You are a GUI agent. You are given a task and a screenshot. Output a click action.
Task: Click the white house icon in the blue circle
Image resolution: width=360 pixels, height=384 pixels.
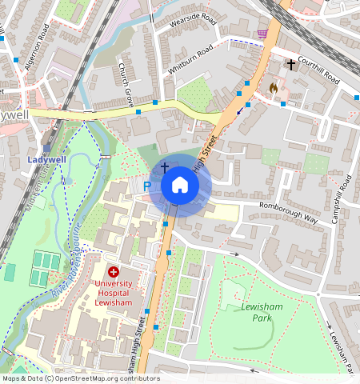pyautogui.click(x=180, y=186)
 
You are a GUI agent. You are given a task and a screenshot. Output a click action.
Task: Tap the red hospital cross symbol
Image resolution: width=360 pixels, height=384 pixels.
pyautogui.click(x=114, y=272)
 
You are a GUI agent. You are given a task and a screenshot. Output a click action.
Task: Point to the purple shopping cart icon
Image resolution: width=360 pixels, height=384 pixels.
pyautogui.click(x=262, y=34)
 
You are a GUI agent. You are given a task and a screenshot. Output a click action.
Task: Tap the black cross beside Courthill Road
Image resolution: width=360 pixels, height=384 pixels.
pyautogui.click(x=290, y=63)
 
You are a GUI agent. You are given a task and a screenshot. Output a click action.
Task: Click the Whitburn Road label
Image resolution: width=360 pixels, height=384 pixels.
pyautogui.click(x=190, y=61)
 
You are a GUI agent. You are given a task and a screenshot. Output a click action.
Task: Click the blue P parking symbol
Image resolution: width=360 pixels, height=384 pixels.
pyautogui.click(x=146, y=186)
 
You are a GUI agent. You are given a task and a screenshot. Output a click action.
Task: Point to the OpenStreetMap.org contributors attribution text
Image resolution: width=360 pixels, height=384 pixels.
pyautogui.click(x=80, y=378)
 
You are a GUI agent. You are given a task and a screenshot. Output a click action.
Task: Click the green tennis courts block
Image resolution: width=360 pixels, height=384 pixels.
pyautogui.click(x=39, y=268)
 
